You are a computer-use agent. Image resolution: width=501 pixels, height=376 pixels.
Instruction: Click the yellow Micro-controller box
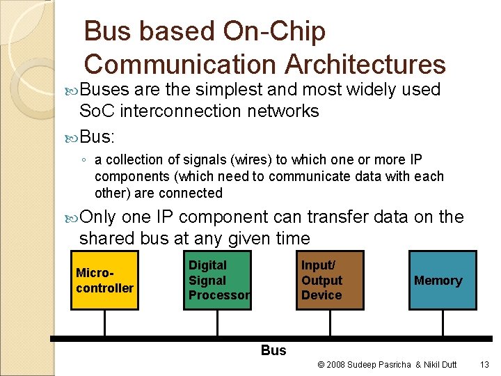pyautogui.click(x=104, y=280)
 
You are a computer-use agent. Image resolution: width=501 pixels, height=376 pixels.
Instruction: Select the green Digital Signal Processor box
pyautogui.click(x=218, y=280)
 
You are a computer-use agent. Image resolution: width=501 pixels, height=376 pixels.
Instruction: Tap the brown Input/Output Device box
pyautogui.click(x=330, y=280)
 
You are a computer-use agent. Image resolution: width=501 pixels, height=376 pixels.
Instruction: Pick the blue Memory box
pyautogui.click(x=443, y=280)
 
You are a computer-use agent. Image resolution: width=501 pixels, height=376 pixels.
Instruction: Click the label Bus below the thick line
pyautogui.click(x=273, y=350)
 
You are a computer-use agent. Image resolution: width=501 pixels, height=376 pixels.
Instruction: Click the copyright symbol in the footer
pyautogui.click(x=321, y=364)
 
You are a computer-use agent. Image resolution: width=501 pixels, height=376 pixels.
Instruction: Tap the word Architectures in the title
pyautogui.click(x=365, y=64)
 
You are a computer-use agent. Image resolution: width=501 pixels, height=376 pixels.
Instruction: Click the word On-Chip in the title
pyautogui.click(x=276, y=31)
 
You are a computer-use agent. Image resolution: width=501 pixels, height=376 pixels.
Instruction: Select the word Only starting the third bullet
pyautogui.click(x=98, y=217)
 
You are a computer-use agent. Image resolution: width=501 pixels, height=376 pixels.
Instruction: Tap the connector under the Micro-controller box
pyautogui.click(x=104, y=323)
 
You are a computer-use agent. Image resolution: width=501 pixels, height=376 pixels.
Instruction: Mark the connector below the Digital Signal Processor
pyautogui.click(x=218, y=323)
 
